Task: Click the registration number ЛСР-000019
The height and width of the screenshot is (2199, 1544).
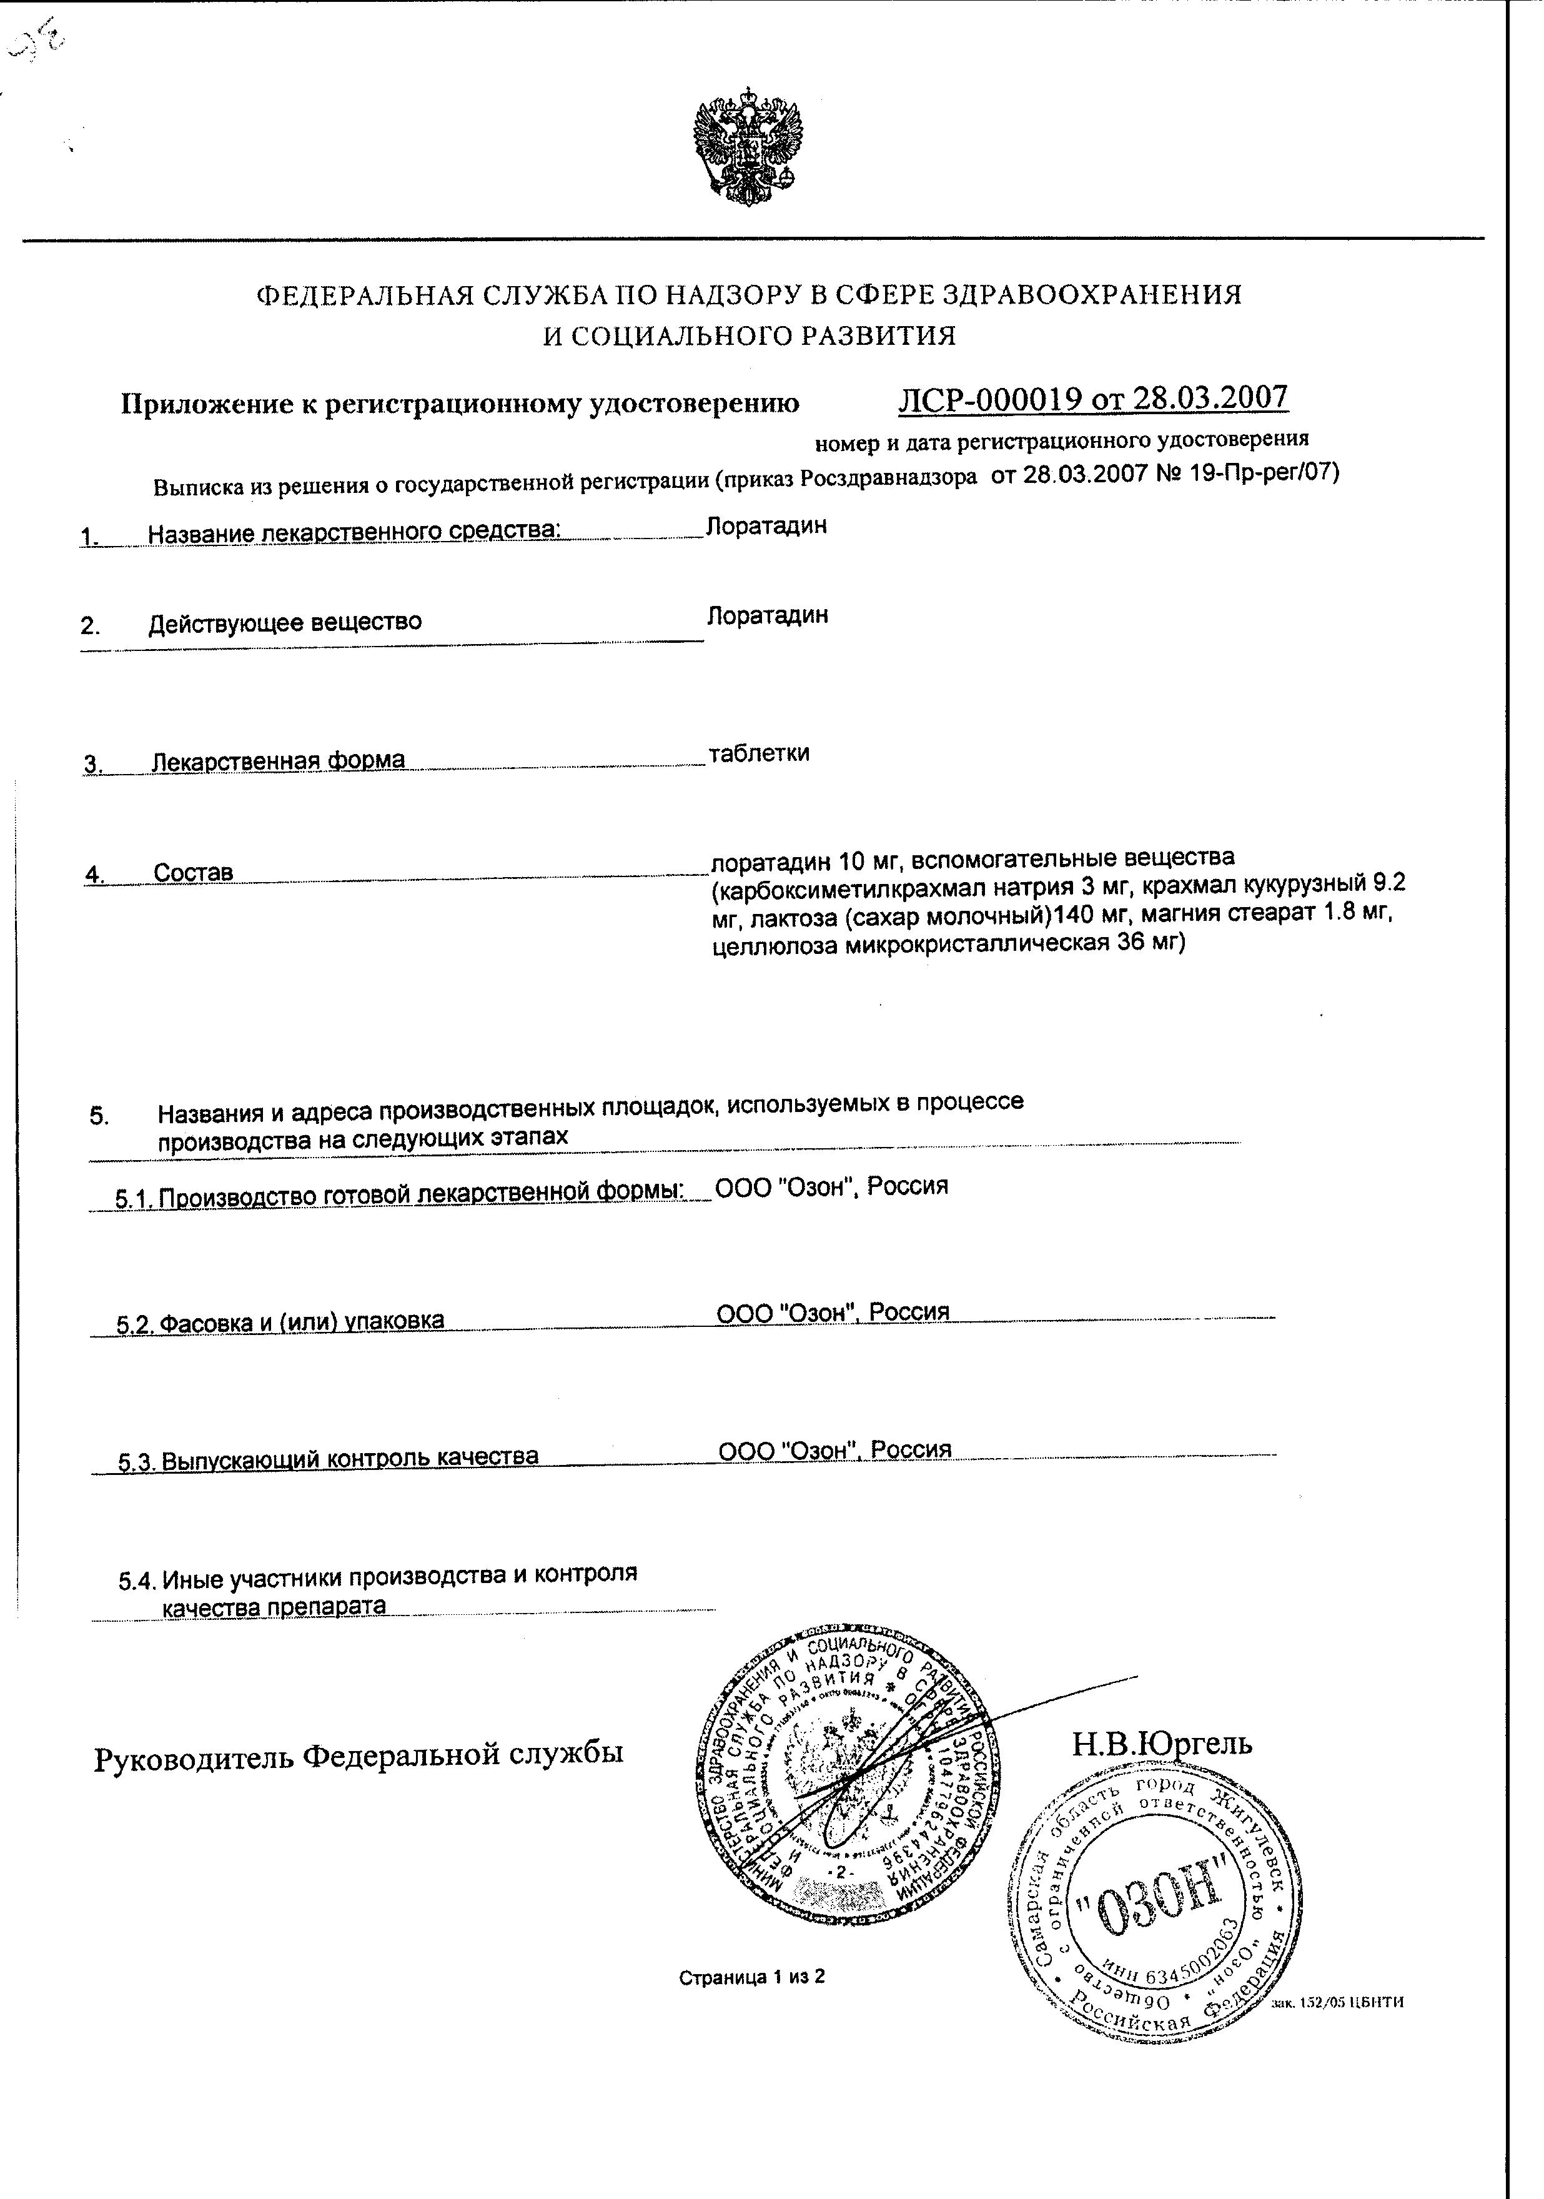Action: (991, 399)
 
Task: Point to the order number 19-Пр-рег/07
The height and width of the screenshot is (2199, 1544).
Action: (1260, 472)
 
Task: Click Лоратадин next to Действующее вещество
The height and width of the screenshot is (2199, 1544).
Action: (767, 614)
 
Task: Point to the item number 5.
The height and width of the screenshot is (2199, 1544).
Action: (99, 1116)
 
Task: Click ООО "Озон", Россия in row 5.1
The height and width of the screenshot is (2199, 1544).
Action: (831, 1186)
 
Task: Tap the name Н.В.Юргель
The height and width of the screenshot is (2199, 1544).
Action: (1161, 1743)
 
